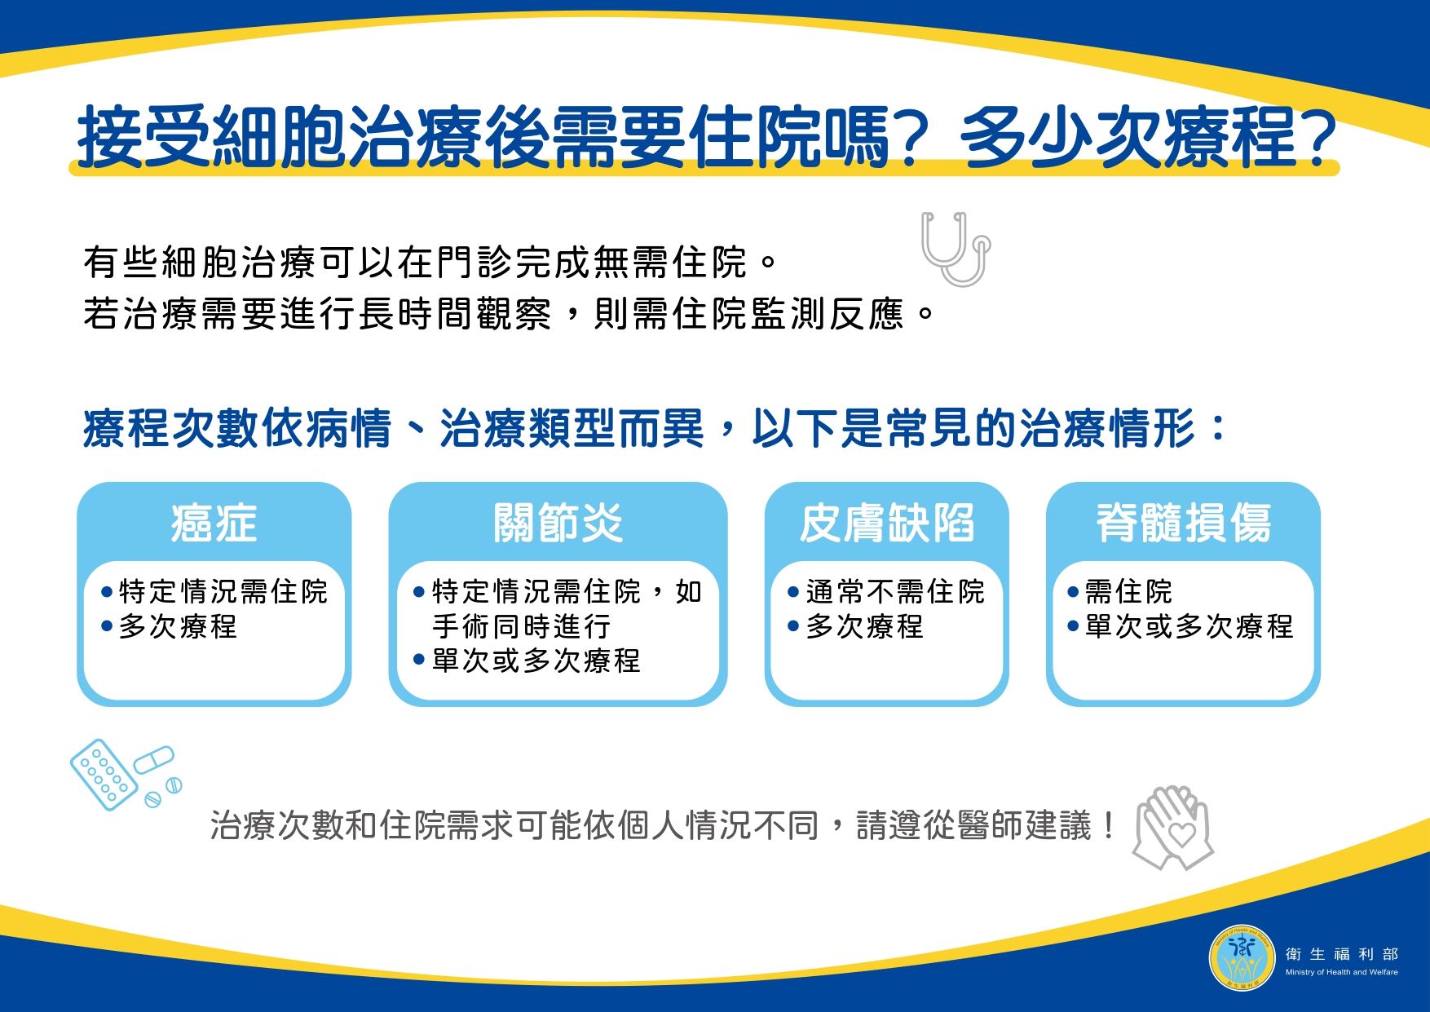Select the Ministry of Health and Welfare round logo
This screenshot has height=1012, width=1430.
(x=1242, y=957)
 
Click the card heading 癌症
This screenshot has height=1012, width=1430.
(x=214, y=523)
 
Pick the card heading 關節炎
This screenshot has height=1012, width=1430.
(x=558, y=523)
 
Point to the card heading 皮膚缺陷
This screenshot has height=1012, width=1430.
(x=887, y=523)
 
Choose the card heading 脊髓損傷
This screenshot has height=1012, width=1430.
(x=1183, y=523)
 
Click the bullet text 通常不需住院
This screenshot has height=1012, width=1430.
(x=895, y=591)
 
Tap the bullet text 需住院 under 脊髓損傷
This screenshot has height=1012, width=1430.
(x=1128, y=591)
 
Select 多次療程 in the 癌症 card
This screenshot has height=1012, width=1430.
(x=178, y=626)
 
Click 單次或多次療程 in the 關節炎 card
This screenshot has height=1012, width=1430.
(x=536, y=661)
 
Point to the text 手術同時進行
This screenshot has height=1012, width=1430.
(x=522, y=626)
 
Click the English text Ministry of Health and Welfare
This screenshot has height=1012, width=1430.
(x=1341, y=972)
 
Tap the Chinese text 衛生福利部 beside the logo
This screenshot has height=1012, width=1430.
(x=1341, y=953)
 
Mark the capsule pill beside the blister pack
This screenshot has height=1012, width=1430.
(x=154, y=760)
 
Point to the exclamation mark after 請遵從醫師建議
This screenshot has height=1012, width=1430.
(x=1107, y=826)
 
